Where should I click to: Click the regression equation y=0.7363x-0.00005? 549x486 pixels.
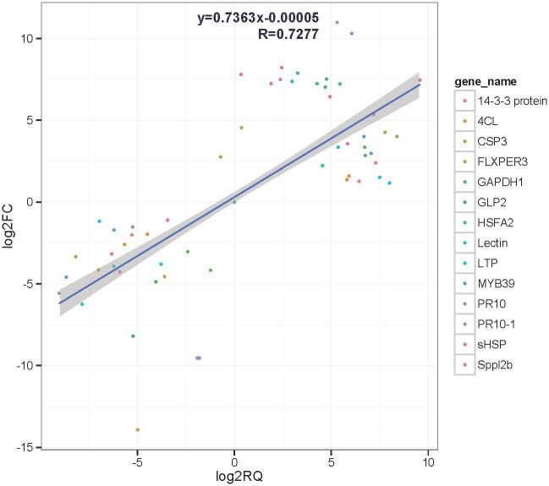[x=257, y=18]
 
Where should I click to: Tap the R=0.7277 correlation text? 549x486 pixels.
[x=288, y=34]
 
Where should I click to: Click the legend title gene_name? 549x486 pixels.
[x=486, y=81]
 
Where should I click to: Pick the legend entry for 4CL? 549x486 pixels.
[x=488, y=121]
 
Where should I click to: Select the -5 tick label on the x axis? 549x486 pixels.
[x=137, y=461]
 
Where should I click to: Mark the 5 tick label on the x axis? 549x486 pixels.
[x=331, y=461]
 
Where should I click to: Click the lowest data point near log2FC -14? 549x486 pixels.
[x=137, y=429]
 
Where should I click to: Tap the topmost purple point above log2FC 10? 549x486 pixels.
[x=337, y=23]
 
